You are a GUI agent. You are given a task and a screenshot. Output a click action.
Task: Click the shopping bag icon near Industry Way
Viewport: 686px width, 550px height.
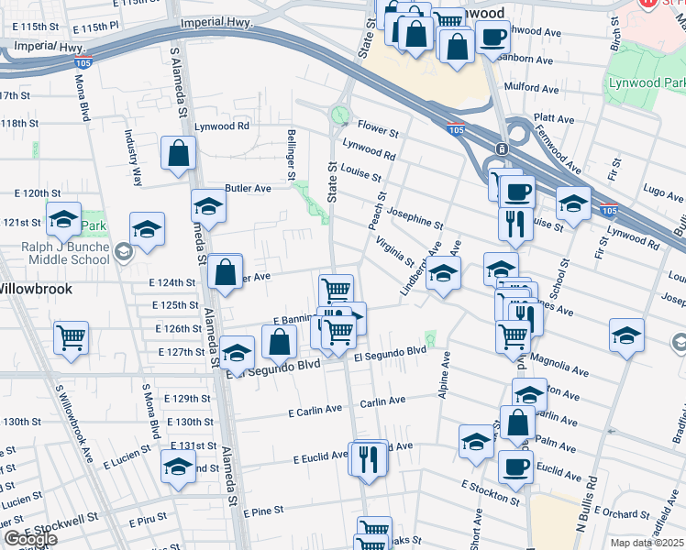point(178,155)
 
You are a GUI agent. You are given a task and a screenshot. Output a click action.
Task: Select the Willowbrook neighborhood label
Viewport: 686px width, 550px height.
point(33,287)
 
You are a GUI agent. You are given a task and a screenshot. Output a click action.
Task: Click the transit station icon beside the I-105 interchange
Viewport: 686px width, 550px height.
point(503,148)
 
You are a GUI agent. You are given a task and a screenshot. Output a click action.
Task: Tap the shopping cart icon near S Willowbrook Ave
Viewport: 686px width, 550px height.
point(72,338)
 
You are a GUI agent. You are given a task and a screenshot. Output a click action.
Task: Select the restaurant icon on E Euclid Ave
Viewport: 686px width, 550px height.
point(369,459)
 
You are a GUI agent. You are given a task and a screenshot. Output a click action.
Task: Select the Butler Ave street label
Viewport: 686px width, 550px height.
point(248,188)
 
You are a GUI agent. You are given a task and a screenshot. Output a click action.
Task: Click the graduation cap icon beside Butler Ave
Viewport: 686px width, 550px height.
point(208,207)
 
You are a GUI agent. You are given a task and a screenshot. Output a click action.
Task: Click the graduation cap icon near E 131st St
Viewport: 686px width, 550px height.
point(178,467)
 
